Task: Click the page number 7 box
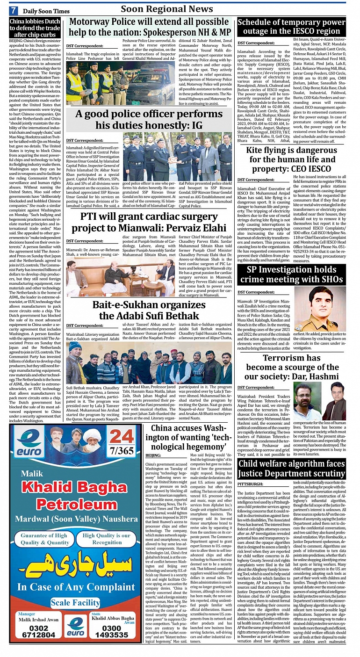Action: pos(14,10)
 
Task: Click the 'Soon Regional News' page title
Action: pos(167,9)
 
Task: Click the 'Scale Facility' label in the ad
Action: pos(75,602)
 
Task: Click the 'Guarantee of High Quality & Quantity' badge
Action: pos(45,539)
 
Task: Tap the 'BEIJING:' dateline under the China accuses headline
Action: pos(153,455)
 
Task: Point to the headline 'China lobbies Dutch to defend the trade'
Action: pos(35,28)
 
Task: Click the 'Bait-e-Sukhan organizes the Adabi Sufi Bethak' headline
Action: pos(149,310)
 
